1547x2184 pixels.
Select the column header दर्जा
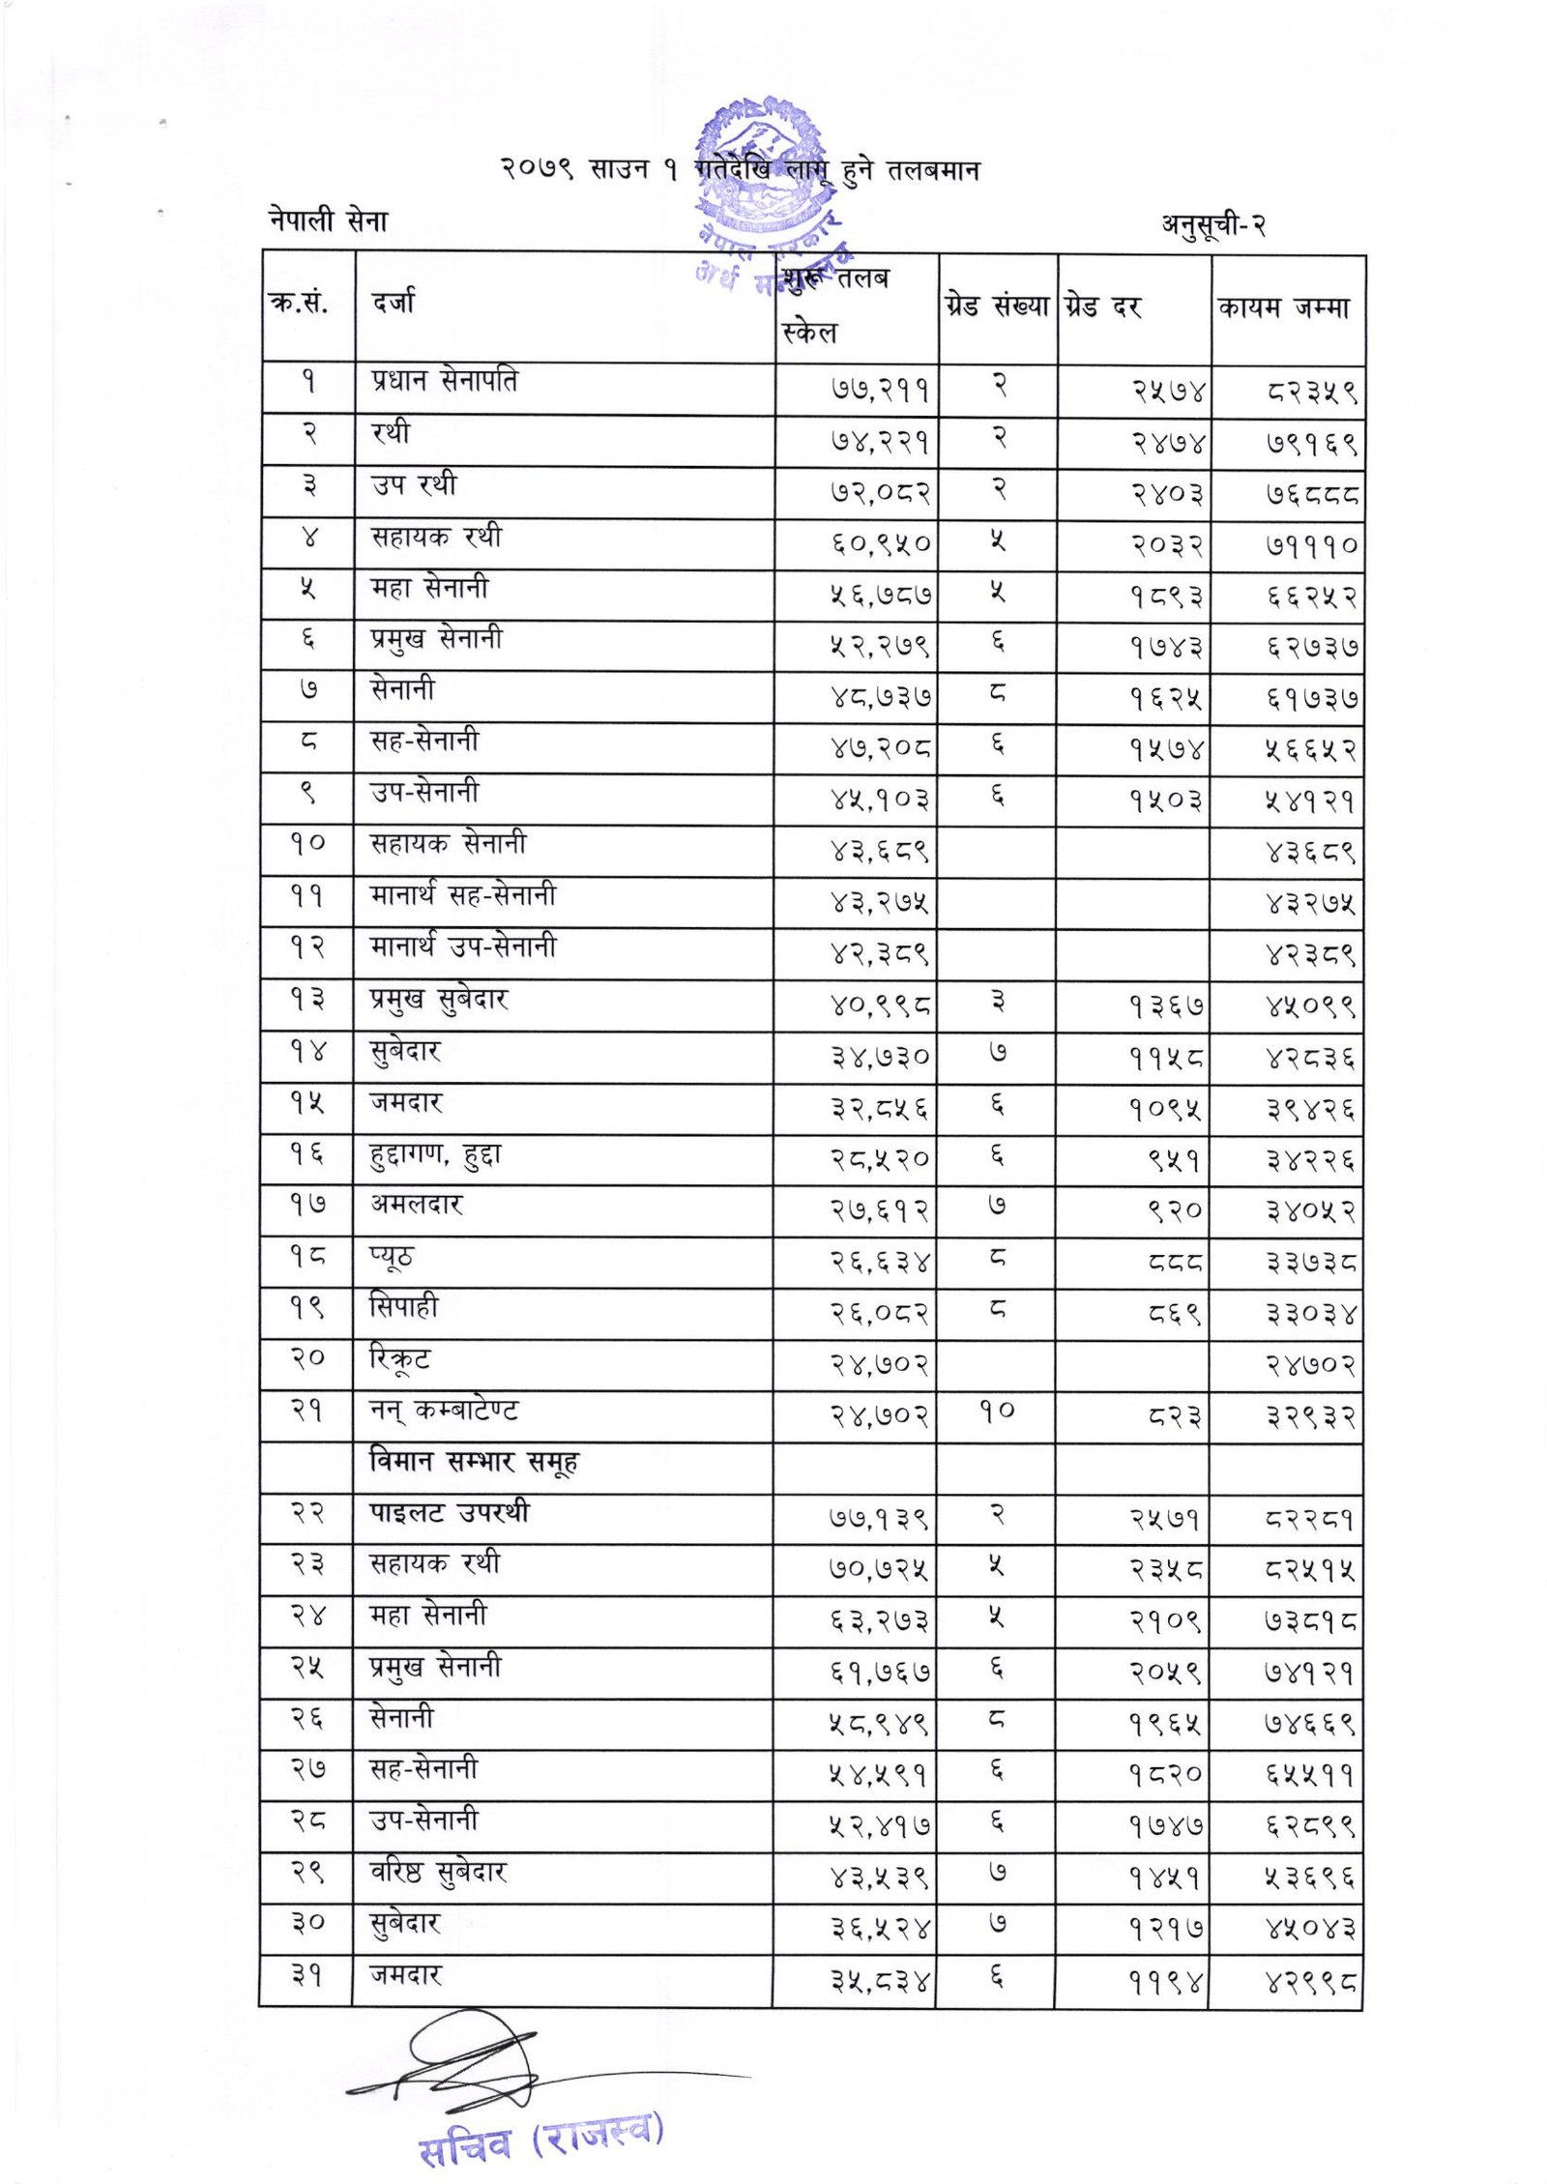coord(394,304)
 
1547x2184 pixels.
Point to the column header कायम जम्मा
coord(1284,308)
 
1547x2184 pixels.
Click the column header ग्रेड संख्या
coord(997,306)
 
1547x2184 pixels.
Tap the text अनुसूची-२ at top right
coord(1213,225)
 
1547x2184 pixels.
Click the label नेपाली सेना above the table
coord(329,221)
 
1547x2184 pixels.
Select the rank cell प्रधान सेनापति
coord(444,381)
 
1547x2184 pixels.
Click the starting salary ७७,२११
coord(879,391)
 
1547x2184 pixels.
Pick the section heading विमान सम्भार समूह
coord(474,1462)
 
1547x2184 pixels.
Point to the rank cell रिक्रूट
coord(400,1359)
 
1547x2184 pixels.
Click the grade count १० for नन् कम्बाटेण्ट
coord(997,1411)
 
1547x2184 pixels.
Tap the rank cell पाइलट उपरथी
coord(451,1512)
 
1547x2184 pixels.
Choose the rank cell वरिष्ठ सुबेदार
coord(439,1873)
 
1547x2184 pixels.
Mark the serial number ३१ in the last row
coord(306,1975)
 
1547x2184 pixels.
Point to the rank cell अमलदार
coord(417,1205)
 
